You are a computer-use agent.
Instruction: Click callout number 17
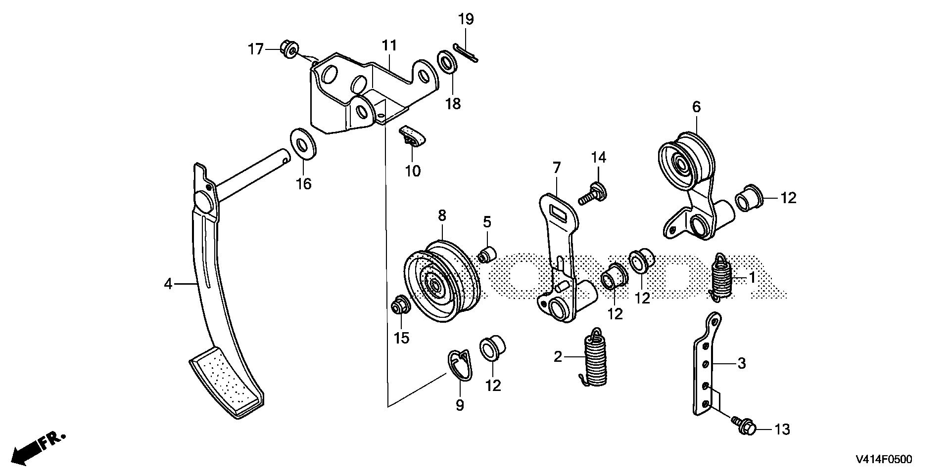point(256,49)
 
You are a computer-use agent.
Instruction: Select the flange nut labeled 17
point(288,49)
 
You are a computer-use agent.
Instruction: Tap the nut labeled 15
point(399,306)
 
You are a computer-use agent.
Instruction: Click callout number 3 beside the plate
point(741,363)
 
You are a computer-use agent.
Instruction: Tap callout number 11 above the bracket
point(389,46)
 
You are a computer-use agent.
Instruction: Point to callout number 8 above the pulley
point(441,215)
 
